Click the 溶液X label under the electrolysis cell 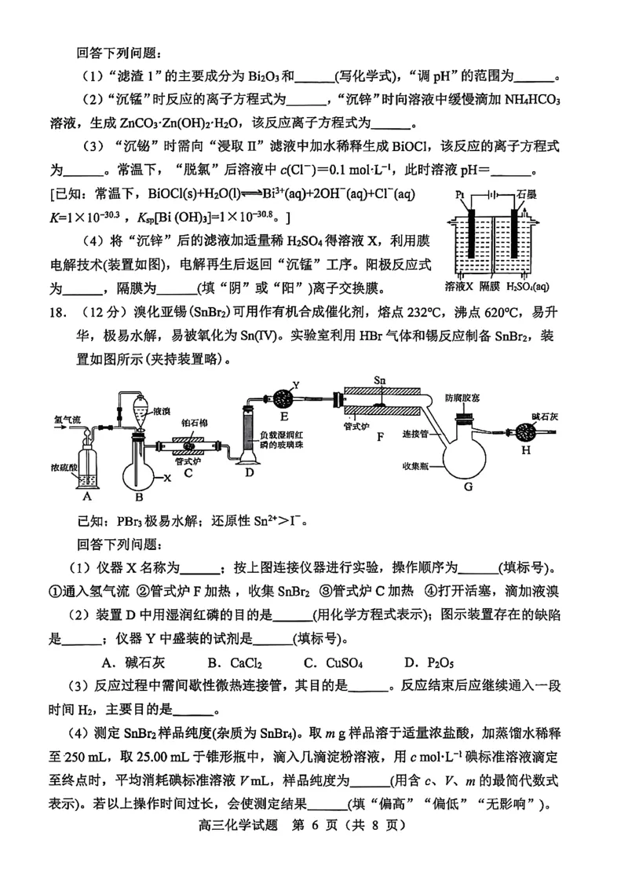click(x=460, y=285)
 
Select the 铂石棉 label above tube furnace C click(x=193, y=421)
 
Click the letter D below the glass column click(x=250, y=473)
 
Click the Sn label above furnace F click(x=380, y=380)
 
